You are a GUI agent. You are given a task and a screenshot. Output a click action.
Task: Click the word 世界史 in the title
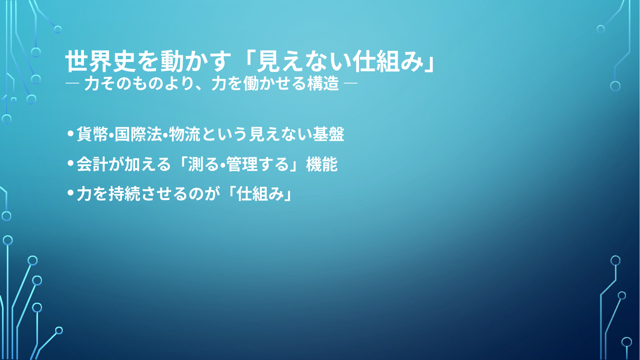pyautogui.click(x=100, y=61)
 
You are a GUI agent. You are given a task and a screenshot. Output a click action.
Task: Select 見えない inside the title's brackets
pyautogui.click(x=304, y=61)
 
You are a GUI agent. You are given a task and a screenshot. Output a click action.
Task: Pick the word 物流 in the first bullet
pyautogui.click(x=185, y=134)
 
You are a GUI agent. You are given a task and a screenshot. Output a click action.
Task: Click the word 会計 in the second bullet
pyautogui.click(x=92, y=164)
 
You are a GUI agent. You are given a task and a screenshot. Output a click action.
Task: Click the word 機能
pyautogui.click(x=322, y=164)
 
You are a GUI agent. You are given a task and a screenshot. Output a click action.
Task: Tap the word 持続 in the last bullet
pyautogui.click(x=124, y=194)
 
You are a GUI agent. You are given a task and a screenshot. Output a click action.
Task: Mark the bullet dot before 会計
pyautogui.click(x=71, y=163)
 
